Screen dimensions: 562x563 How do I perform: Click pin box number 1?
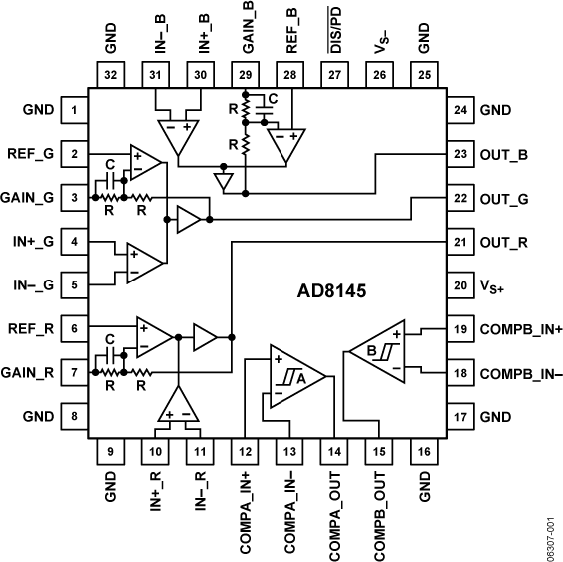74,110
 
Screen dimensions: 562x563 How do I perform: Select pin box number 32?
111,74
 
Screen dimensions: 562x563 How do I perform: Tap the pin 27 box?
334,74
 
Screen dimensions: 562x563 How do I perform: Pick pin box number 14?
334,451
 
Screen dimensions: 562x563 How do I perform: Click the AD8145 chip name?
331,293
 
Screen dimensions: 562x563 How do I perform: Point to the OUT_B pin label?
505,154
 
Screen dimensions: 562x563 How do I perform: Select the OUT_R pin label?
505,242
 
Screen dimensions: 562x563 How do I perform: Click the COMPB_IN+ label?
522,328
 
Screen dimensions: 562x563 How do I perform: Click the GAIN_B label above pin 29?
246,29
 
